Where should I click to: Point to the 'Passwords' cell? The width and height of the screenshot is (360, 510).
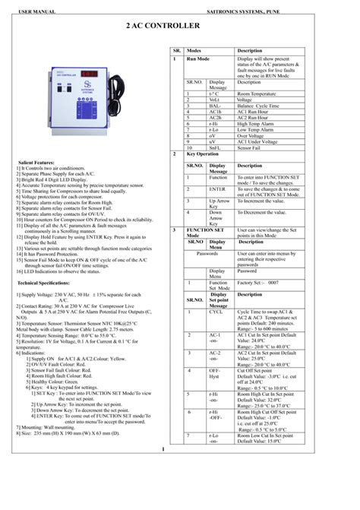207,253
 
